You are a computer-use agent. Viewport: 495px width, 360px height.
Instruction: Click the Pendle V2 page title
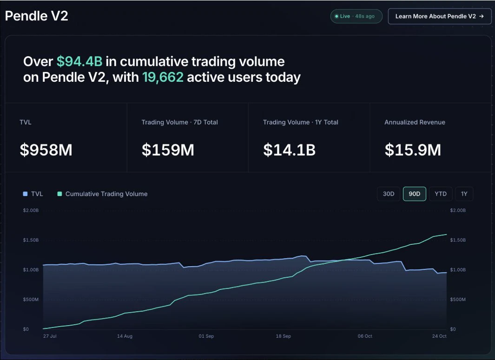click(37, 16)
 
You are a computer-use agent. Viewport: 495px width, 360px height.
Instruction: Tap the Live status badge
click(356, 16)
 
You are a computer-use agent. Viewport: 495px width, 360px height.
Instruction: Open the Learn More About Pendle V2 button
click(439, 16)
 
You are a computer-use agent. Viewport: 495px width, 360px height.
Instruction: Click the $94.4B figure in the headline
click(79, 61)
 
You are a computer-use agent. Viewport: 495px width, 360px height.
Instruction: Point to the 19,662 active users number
click(163, 77)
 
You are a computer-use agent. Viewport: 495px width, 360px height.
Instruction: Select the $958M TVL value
click(46, 150)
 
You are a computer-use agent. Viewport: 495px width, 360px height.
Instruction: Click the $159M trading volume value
click(168, 150)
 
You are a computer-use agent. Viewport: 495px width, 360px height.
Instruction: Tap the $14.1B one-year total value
click(290, 150)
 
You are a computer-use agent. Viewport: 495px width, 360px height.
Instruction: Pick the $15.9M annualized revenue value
click(413, 150)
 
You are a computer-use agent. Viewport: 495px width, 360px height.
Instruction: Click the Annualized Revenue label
click(415, 122)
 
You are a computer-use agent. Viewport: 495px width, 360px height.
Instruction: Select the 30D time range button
click(389, 194)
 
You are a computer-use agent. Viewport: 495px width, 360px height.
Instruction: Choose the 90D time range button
click(415, 194)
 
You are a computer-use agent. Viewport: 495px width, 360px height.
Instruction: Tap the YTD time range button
click(441, 194)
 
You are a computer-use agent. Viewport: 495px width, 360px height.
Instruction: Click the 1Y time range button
click(464, 194)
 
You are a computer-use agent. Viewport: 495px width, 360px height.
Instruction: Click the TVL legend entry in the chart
click(33, 194)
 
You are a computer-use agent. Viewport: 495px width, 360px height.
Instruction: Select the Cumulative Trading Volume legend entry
click(102, 194)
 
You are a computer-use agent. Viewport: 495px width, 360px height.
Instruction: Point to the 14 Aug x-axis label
click(125, 336)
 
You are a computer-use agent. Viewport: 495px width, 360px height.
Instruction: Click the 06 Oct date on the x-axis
click(365, 336)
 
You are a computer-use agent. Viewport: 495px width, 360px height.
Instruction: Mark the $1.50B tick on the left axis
click(31, 240)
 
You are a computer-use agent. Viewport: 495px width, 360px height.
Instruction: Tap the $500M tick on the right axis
click(458, 300)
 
